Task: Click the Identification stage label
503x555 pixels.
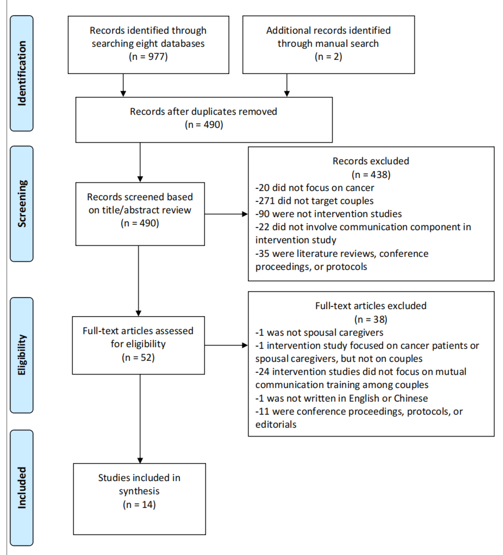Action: point(22,73)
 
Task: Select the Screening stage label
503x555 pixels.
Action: point(22,203)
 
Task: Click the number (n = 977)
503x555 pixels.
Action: point(148,57)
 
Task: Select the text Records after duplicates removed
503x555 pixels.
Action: point(203,111)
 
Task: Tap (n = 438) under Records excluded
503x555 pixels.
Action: point(371,174)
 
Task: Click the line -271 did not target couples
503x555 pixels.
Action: point(314,201)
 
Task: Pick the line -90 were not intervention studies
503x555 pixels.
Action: point(328,214)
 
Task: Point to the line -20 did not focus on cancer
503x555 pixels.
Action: point(314,188)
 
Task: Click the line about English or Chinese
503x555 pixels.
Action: point(341,398)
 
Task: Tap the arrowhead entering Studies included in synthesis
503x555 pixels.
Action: point(140,460)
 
